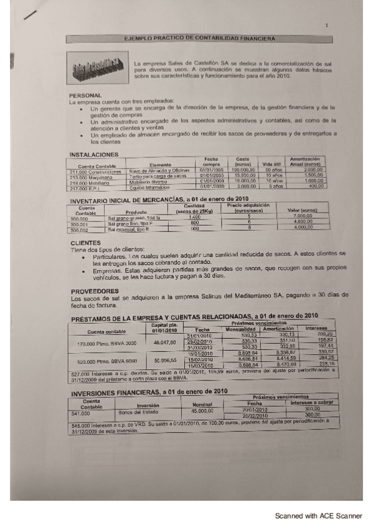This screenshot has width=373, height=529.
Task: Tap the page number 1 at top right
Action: (326, 26)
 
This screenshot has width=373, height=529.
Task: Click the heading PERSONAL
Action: (85, 95)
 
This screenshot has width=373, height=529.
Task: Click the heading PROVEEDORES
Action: (95, 291)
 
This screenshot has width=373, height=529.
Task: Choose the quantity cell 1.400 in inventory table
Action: (195, 218)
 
